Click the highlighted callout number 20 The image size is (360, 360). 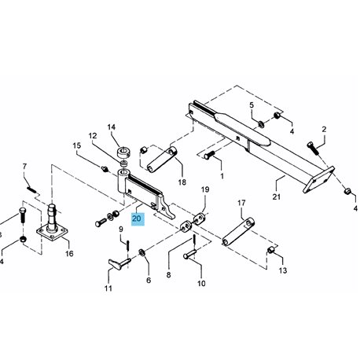137,219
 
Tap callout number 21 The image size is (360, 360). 277,197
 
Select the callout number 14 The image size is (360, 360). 112,127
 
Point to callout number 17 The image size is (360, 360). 241,203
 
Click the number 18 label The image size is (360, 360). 182,182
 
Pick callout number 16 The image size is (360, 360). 69,253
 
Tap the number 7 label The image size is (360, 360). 24,167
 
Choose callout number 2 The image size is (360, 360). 324,129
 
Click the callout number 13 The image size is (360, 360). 283,270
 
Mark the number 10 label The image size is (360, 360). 201,283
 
